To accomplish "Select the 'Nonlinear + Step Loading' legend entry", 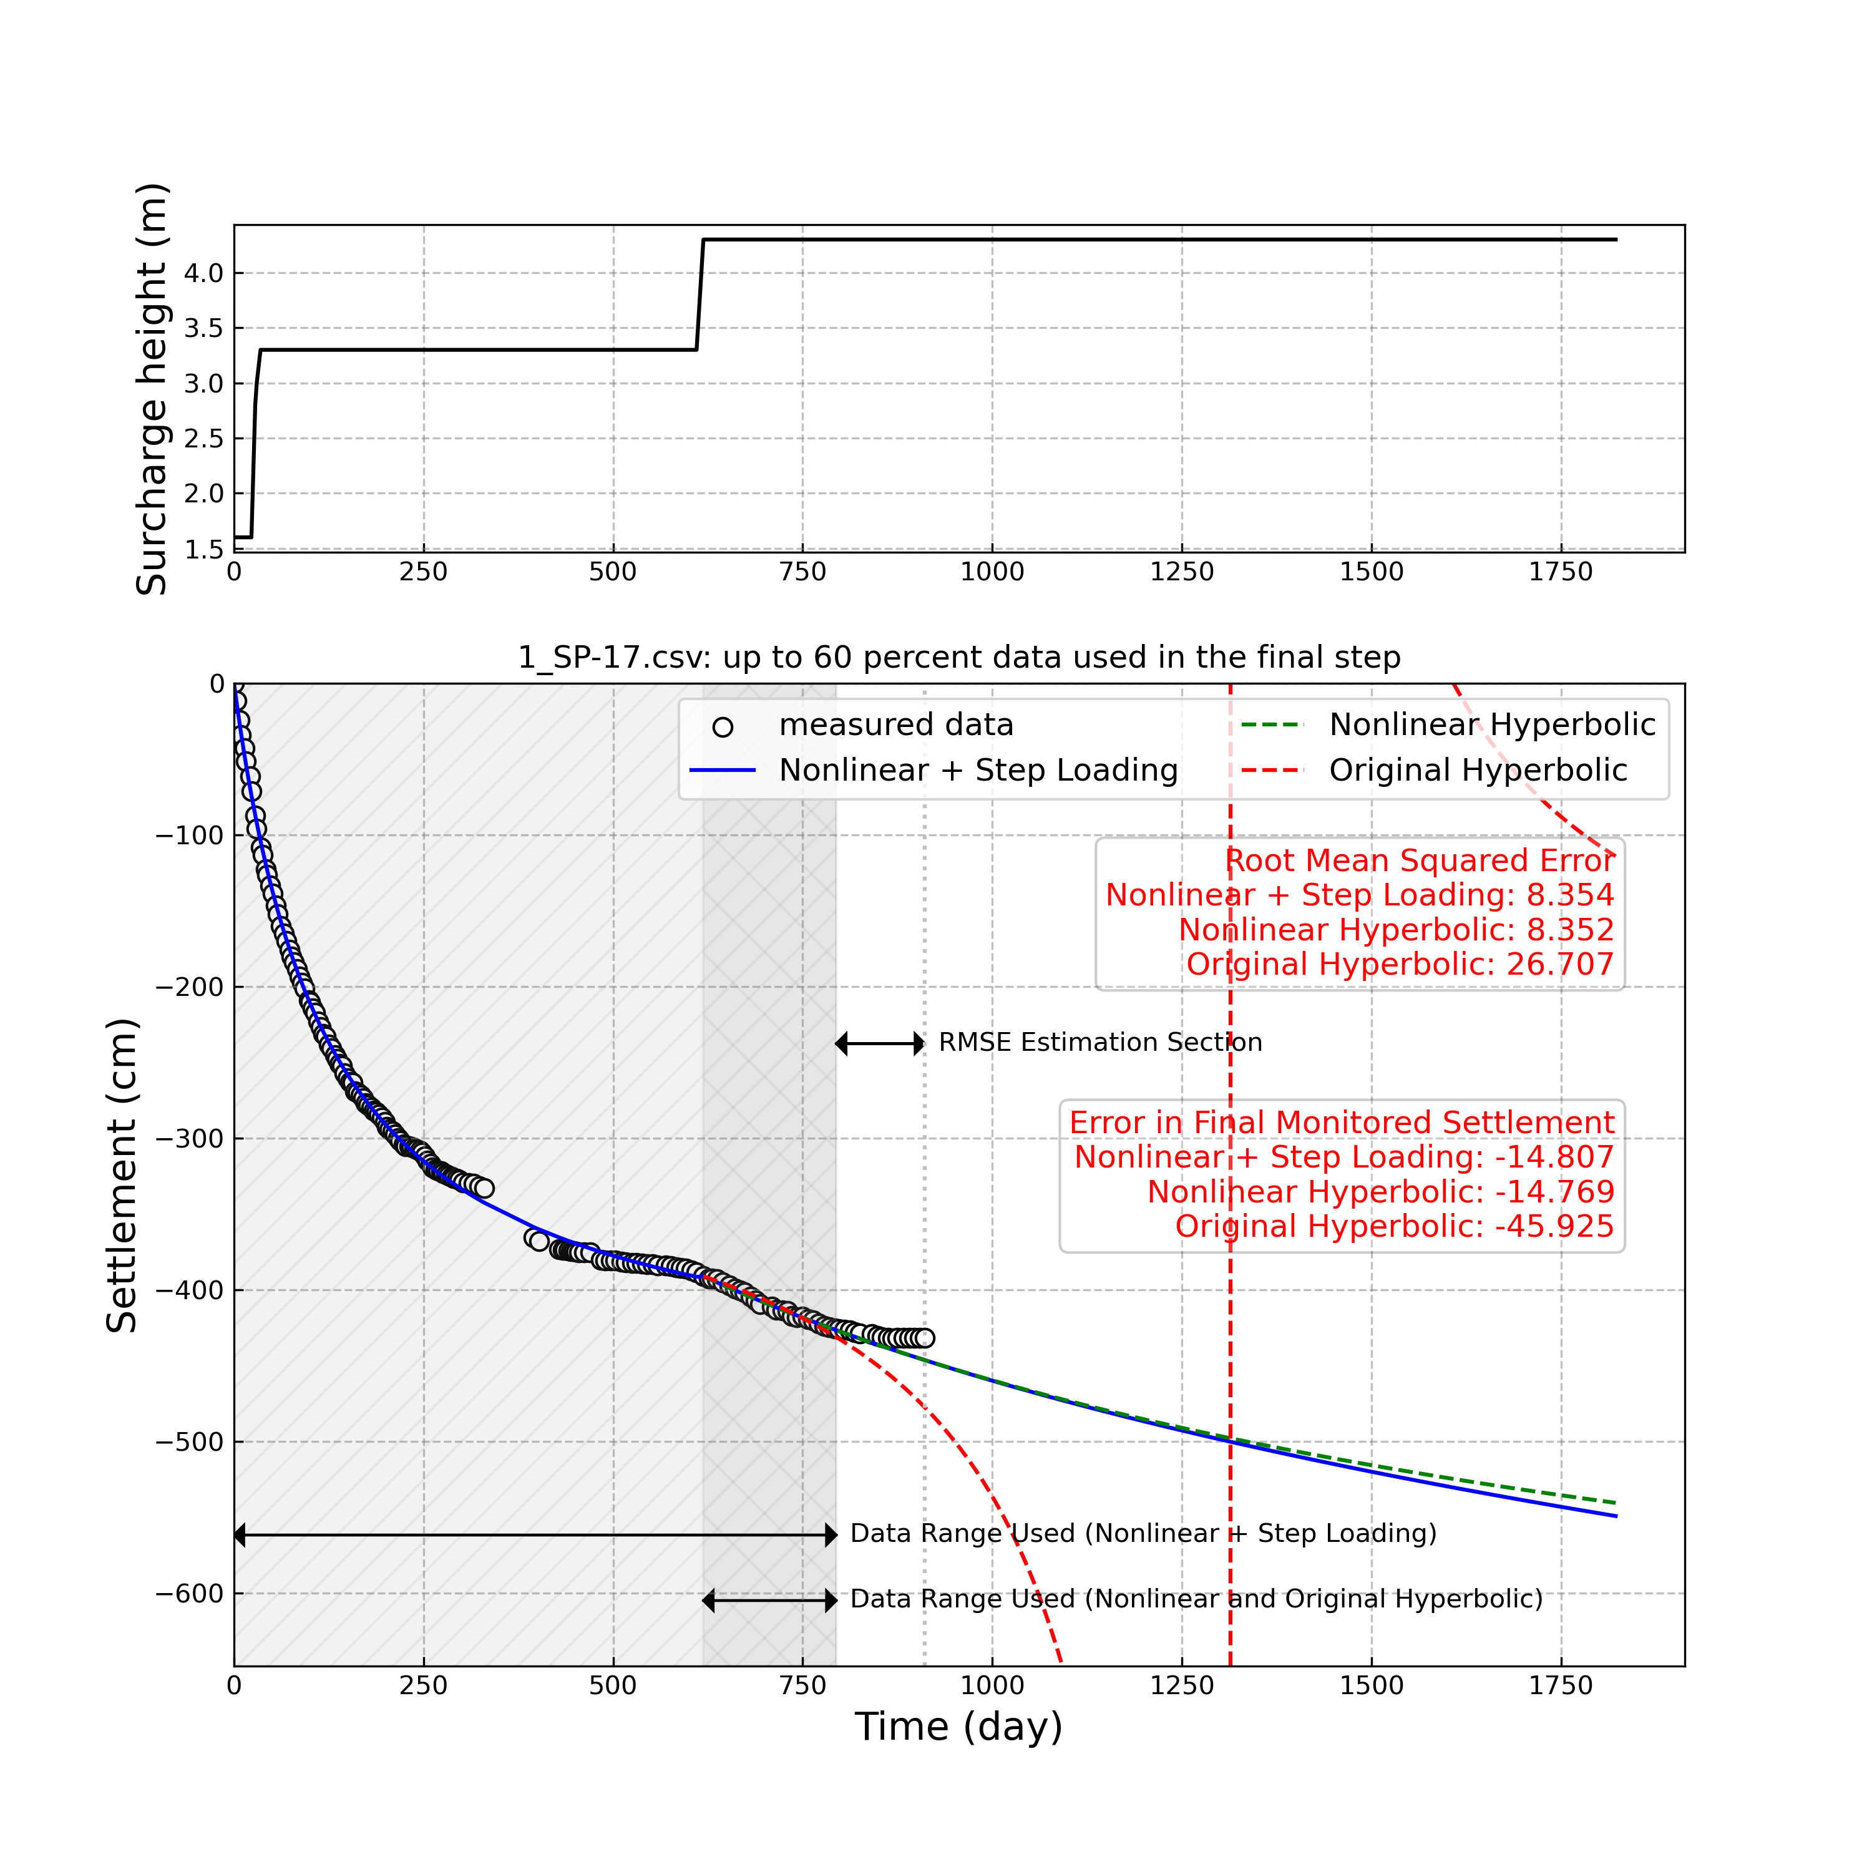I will coord(978,770).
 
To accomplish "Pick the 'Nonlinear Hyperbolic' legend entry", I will coord(1491,724).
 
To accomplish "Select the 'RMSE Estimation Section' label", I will coord(1099,1043).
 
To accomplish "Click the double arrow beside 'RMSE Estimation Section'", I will coord(880,1043).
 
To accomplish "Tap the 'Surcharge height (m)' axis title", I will coord(152,389).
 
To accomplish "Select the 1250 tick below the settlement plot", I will coord(1181,1686).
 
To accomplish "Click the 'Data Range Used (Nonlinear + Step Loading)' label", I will coord(1143,1534).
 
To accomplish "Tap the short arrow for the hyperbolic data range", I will coord(769,1601).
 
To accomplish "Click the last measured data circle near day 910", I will coord(924,1338).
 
